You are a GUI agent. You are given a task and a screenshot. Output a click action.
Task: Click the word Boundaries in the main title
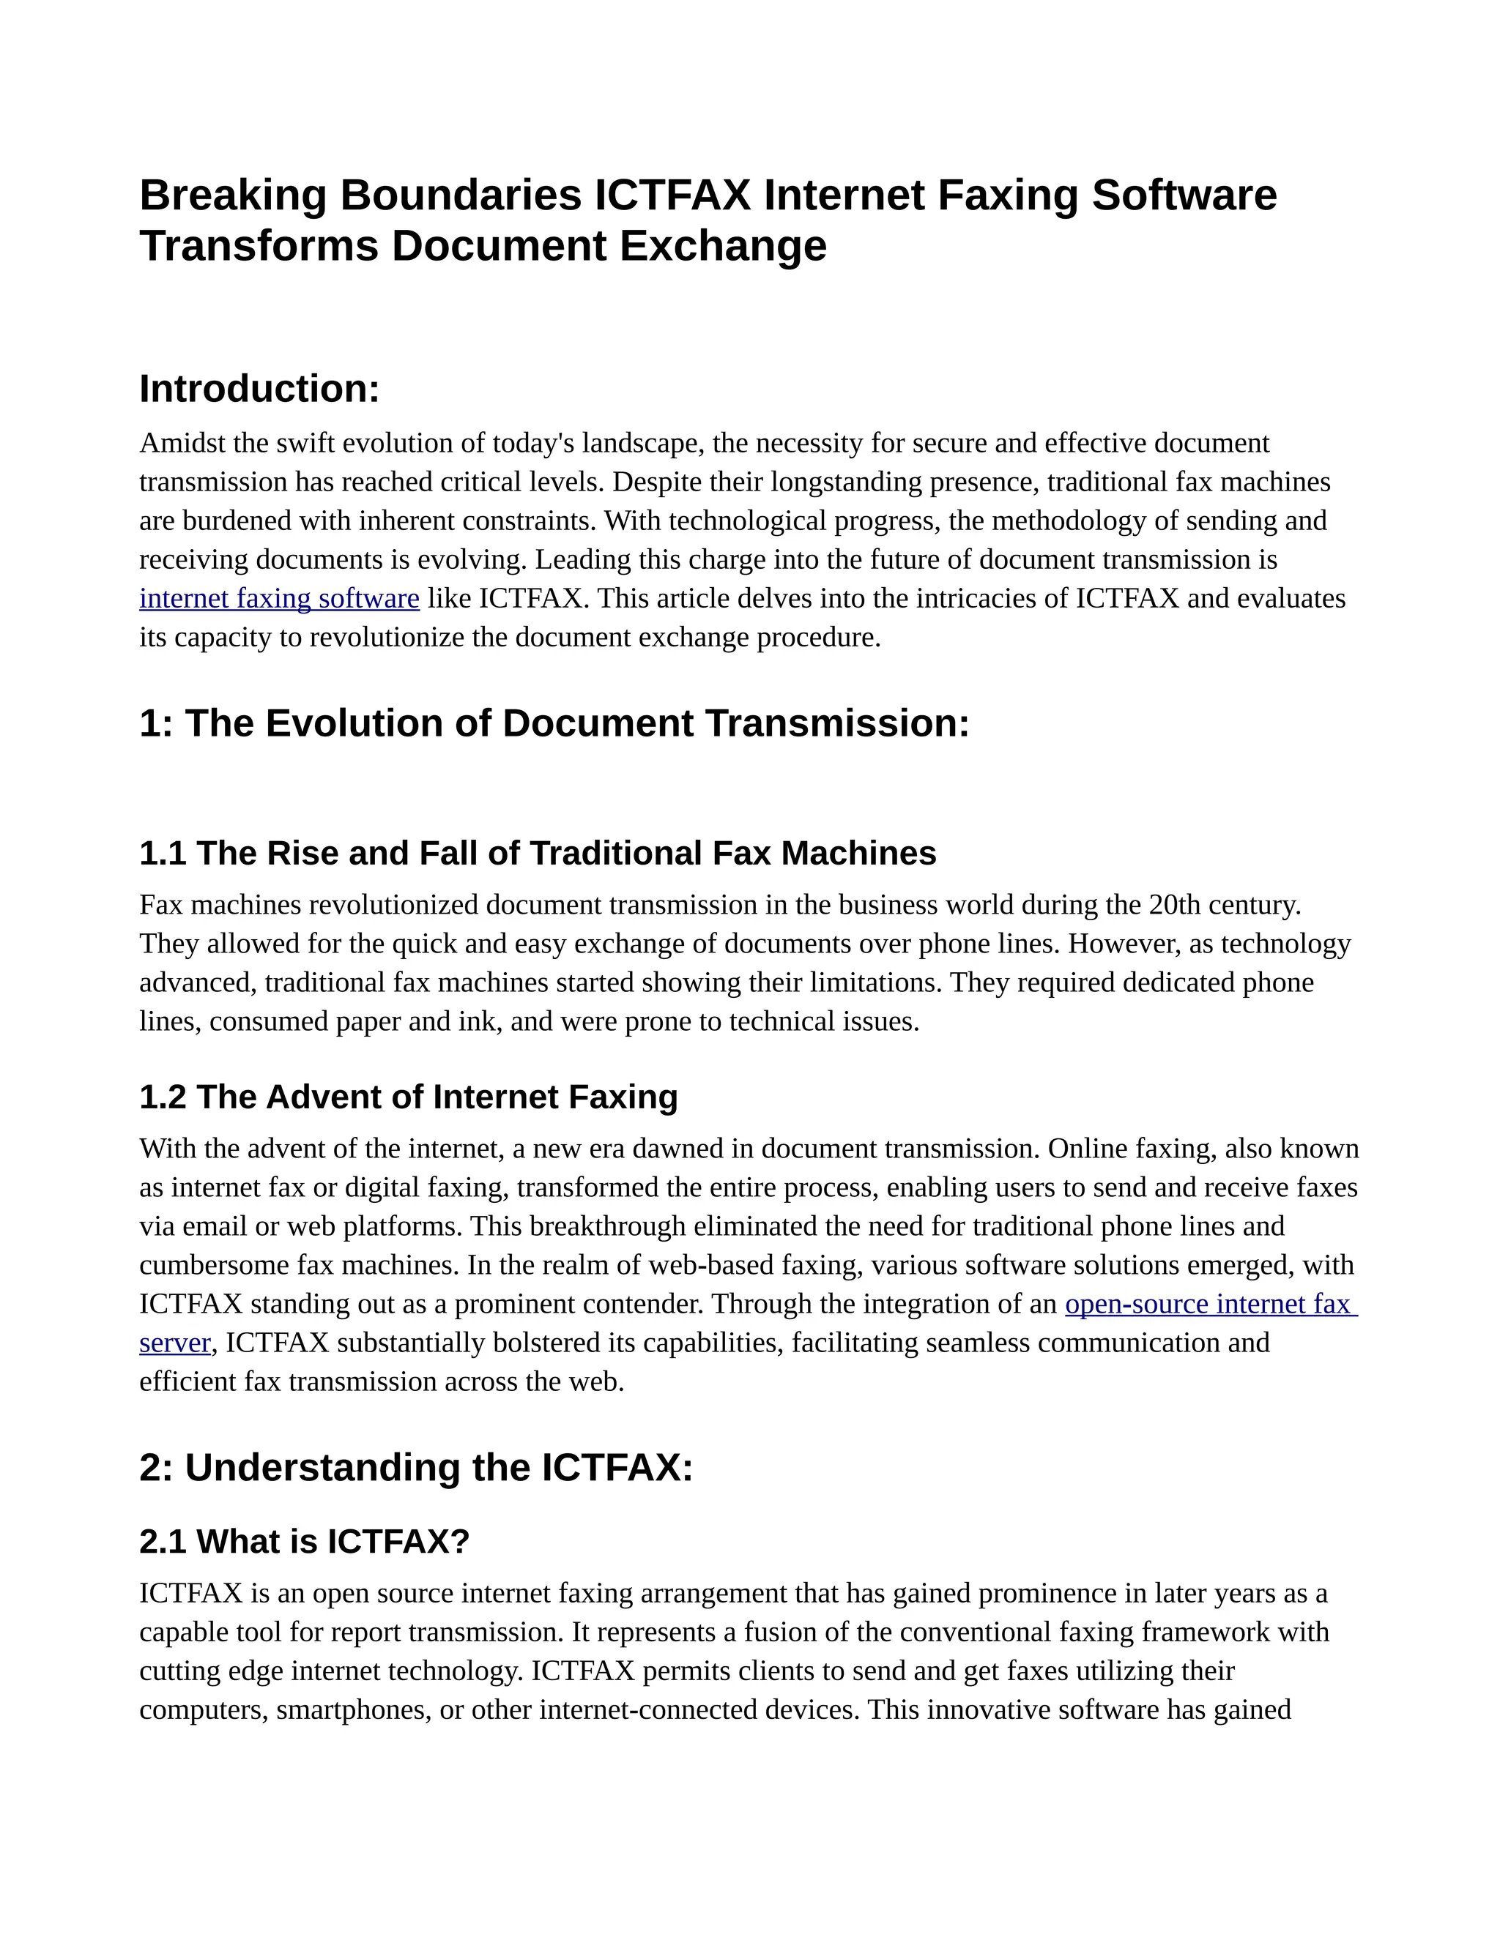click(460, 195)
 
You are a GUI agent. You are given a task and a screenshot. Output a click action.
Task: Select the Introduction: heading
click(259, 389)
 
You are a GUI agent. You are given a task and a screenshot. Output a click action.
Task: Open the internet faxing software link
click(279, 599)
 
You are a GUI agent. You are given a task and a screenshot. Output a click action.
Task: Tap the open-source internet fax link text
click(1209, 1304)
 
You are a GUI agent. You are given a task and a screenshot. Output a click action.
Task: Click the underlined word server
click(175, 1343)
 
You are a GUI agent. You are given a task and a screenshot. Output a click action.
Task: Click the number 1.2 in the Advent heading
click(163, 1097)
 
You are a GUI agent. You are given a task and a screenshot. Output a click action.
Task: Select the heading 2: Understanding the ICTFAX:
click(416, 1467)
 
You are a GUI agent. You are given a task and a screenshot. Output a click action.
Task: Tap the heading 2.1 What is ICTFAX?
click(304, 1541)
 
